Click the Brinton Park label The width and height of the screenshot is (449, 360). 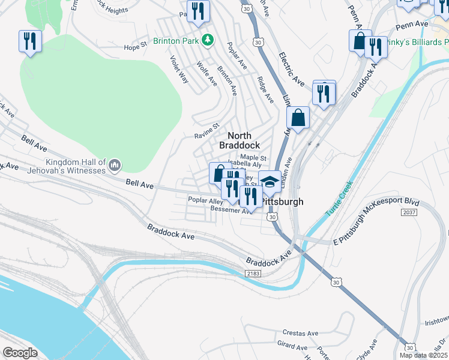tap(176, 40)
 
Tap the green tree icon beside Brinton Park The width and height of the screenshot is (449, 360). tap(208, 40)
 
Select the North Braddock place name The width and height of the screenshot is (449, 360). tap(239, 140)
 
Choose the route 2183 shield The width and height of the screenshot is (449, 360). tap(253, 273)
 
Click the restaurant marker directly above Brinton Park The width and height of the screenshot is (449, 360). tap(197, 11)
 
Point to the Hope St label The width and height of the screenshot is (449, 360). tap(135, 46)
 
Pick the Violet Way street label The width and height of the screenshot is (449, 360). tap(179, 70)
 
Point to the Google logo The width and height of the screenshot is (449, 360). tap(20, 353)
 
